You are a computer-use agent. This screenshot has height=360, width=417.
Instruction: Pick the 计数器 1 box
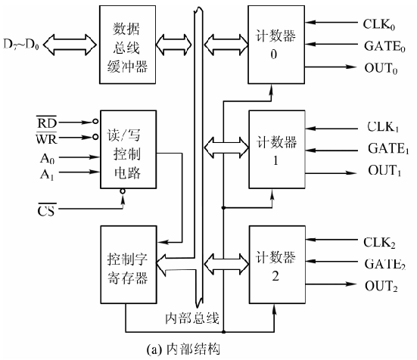(x=276, y=151)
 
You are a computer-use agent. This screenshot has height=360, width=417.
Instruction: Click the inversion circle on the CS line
(x=122, y=193)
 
